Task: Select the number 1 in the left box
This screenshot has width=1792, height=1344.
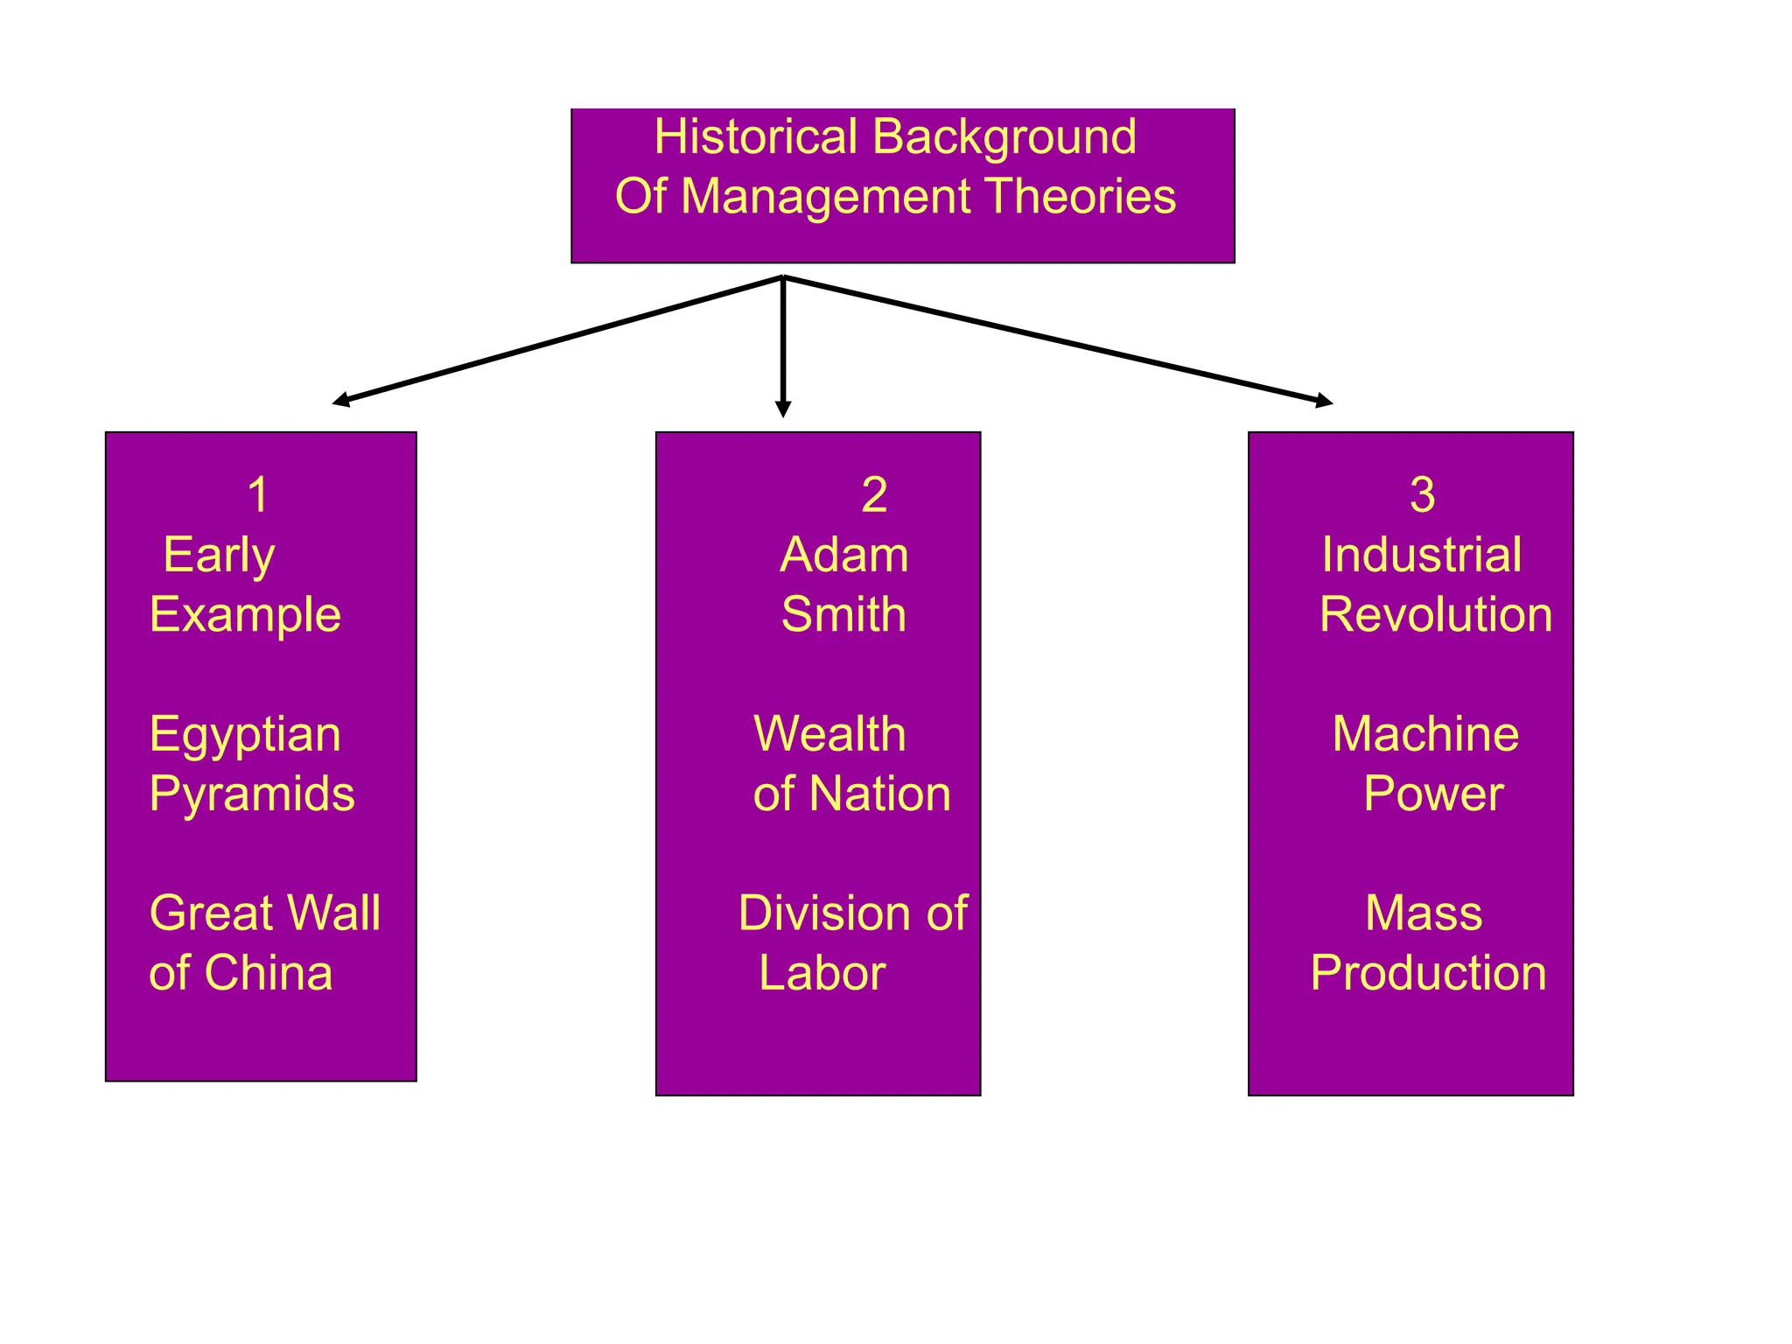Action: (257, 495)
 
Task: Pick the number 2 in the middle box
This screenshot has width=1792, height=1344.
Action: (874, 495)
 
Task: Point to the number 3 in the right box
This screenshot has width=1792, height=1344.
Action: (1422, 495)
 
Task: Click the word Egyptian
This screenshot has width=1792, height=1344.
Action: (245, 735)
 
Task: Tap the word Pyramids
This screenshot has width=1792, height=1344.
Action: (252, 794)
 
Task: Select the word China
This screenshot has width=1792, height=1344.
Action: (269, 973)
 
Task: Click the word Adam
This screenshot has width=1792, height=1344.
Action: (844, 555)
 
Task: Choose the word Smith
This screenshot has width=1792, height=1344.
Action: (843, 614)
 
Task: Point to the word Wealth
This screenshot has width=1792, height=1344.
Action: (829, 734)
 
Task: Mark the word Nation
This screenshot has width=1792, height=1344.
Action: (879, 794)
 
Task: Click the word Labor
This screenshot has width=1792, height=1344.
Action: (822, 973)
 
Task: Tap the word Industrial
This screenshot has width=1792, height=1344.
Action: (1422, 555)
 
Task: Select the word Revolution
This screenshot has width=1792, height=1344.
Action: (1436, 614)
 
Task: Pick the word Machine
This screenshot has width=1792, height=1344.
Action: (1425, 734)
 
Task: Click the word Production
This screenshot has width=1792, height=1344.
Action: (1428, 973)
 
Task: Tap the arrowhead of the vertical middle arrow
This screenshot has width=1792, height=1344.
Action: (783, 409)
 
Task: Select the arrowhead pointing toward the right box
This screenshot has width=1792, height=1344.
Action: (1324, 401)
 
